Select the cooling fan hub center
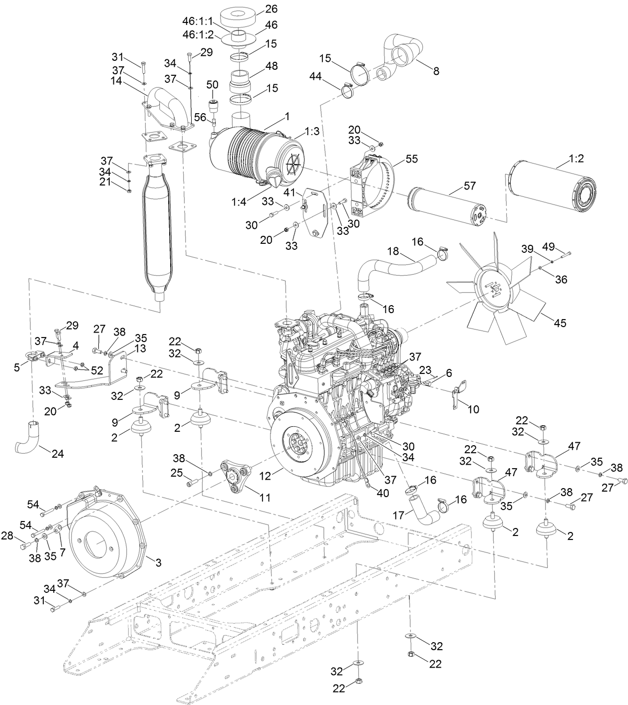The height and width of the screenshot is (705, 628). pyautogui.click(x=492, y=289)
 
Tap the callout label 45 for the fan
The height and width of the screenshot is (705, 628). pyautogui.click(x=560, y=323)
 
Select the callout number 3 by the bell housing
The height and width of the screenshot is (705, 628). pyautogui.click(x=158, y=563)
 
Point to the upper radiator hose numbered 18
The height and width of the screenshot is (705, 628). pyautogui.click(x=394, y=264)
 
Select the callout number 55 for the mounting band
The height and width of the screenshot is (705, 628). pyautogui.click(x=412, y=160)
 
